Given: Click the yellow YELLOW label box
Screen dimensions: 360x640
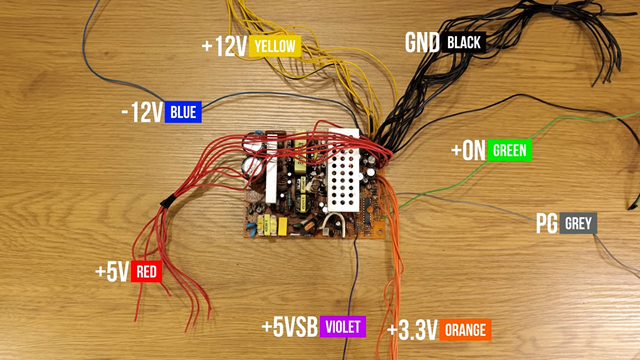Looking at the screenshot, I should click(275, 46).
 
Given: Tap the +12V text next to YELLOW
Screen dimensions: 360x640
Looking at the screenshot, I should click(224, 46).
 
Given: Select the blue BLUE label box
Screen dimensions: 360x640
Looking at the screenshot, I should click(183, 112).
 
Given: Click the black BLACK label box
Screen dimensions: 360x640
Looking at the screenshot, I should click(463, 43).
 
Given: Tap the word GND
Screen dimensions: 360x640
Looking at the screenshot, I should click(422, 43).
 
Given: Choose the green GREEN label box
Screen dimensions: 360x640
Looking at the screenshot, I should click(509, 150).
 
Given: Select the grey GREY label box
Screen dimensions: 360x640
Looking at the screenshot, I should click(578, 223).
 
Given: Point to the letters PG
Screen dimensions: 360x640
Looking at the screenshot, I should click(546, 224).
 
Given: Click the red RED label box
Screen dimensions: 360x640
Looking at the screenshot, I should click(146, 272).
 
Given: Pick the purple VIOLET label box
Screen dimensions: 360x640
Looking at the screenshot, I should click(342, 327).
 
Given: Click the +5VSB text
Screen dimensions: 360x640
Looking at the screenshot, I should click(290, 327).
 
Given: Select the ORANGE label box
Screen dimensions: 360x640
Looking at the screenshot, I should click(465, 330).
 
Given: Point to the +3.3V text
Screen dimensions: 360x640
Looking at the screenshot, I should click(412, 330).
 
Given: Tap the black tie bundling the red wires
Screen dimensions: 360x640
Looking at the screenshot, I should click(166, 201).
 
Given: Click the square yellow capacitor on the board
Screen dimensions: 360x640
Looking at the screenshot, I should click(282, 225).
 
